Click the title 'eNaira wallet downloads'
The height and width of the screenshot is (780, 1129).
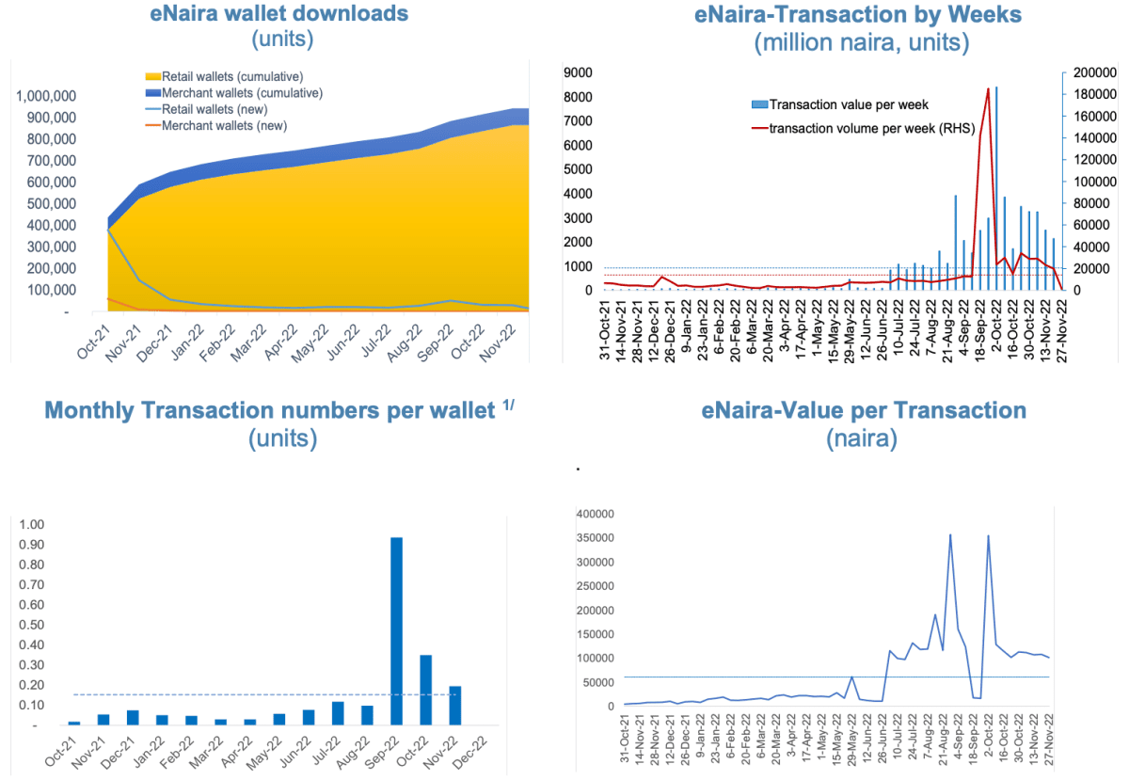click(279, 14)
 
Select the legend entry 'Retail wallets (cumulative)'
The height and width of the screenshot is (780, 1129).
click(231, 76)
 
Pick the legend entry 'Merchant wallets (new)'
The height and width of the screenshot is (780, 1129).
click(224, 125)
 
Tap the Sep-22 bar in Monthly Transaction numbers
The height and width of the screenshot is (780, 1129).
click(396, 631)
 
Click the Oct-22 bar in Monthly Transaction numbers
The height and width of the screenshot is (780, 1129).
click(425, 690)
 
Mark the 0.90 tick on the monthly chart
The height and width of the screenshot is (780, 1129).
click(32, 545)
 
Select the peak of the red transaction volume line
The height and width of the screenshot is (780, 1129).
click(988, 88)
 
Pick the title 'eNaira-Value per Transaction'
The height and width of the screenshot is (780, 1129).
click(864, 410)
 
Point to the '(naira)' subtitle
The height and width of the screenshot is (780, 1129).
click(864, 438)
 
